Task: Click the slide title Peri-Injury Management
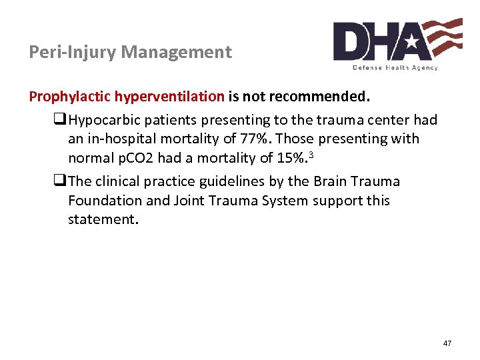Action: point(131,52)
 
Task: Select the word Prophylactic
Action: point(70,97)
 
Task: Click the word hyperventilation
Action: point(169,97)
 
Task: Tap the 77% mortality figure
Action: point(255,139)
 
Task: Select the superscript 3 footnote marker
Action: point(310,155)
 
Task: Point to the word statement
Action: point(102,219)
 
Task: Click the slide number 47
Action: point(447,343)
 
